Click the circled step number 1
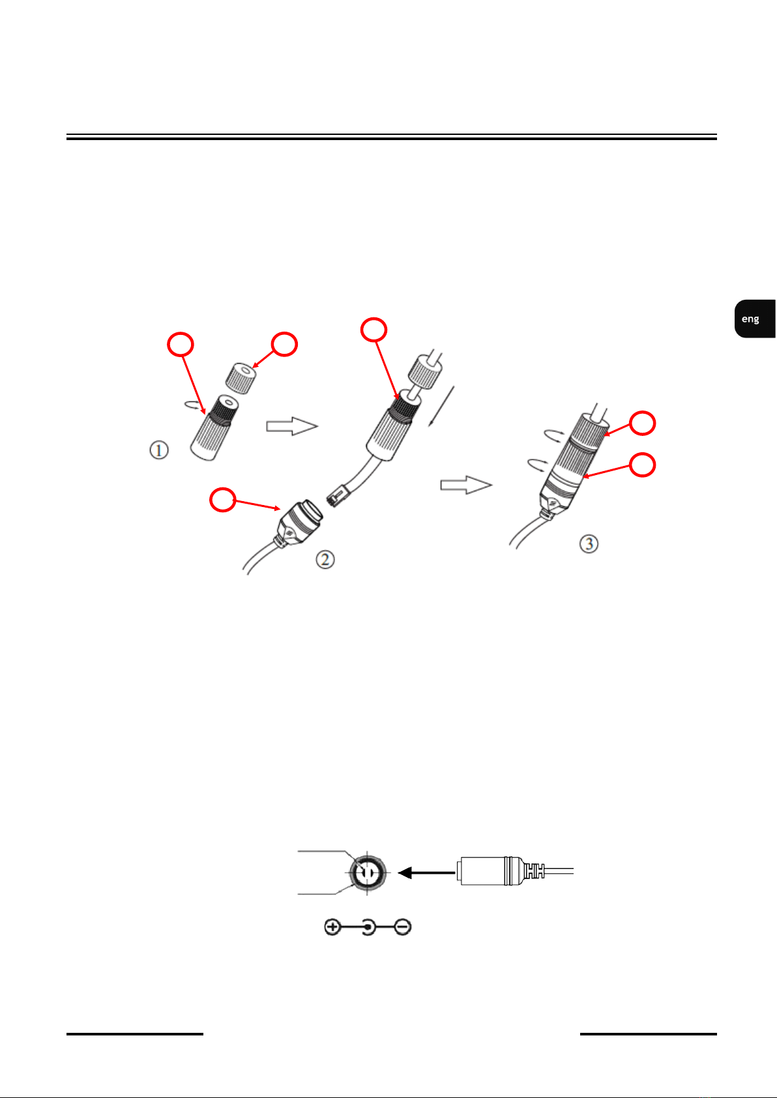point(159,450)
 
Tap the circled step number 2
point(325,559)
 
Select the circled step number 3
point(589,543)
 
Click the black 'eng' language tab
point(755,319)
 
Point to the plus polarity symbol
point(332,927)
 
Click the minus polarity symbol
point(403,927)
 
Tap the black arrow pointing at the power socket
point(426,873)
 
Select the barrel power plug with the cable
point(515,871)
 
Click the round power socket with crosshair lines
point(367,873)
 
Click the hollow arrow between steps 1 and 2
point(292,426)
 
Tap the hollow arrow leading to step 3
point(466,485)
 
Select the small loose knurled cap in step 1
point(241,378)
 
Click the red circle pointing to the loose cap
point(284,345)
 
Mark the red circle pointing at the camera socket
point(222,500)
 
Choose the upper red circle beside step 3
point(642,423)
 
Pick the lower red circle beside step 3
point(642,465)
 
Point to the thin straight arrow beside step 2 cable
point(441,407)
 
